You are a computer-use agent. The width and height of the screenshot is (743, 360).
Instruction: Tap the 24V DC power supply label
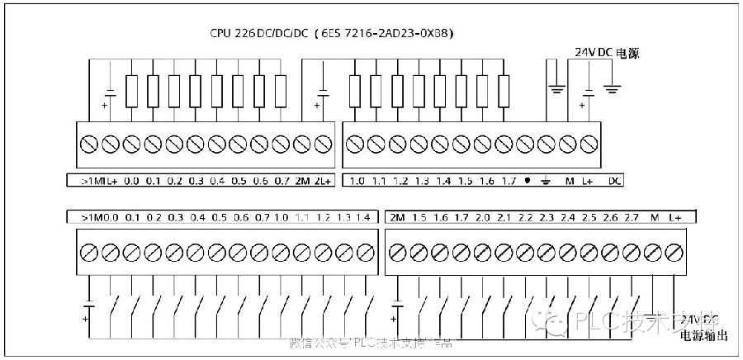pos(607,51)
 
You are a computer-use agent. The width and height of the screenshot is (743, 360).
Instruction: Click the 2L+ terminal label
pos(323,180)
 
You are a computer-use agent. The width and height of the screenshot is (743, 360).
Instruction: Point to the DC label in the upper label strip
pos(614,180)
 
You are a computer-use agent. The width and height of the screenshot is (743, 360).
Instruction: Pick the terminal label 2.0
pos(483,217)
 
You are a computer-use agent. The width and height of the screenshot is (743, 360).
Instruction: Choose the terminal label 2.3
pos(547,217)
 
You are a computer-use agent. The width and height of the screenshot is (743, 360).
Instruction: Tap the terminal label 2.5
pos(589,217)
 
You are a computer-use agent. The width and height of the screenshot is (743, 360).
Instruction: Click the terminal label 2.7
pos(632,217)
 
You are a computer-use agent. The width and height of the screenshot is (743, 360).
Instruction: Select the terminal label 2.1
pos(504,217)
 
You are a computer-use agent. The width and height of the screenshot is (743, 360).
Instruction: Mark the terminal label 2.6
pos(611,217)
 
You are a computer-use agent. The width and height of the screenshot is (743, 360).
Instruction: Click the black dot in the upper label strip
pos(526,180)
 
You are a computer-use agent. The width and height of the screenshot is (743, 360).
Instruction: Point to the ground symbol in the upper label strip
pos(547,180)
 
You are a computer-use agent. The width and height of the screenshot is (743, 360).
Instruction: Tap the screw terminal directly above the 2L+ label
pos(323,144)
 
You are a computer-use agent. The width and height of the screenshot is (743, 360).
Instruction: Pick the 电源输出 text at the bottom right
pos(703,336)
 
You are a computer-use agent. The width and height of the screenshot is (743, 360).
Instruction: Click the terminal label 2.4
pos(568,217)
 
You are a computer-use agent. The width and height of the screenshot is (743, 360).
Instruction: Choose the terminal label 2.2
pos(525,217)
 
